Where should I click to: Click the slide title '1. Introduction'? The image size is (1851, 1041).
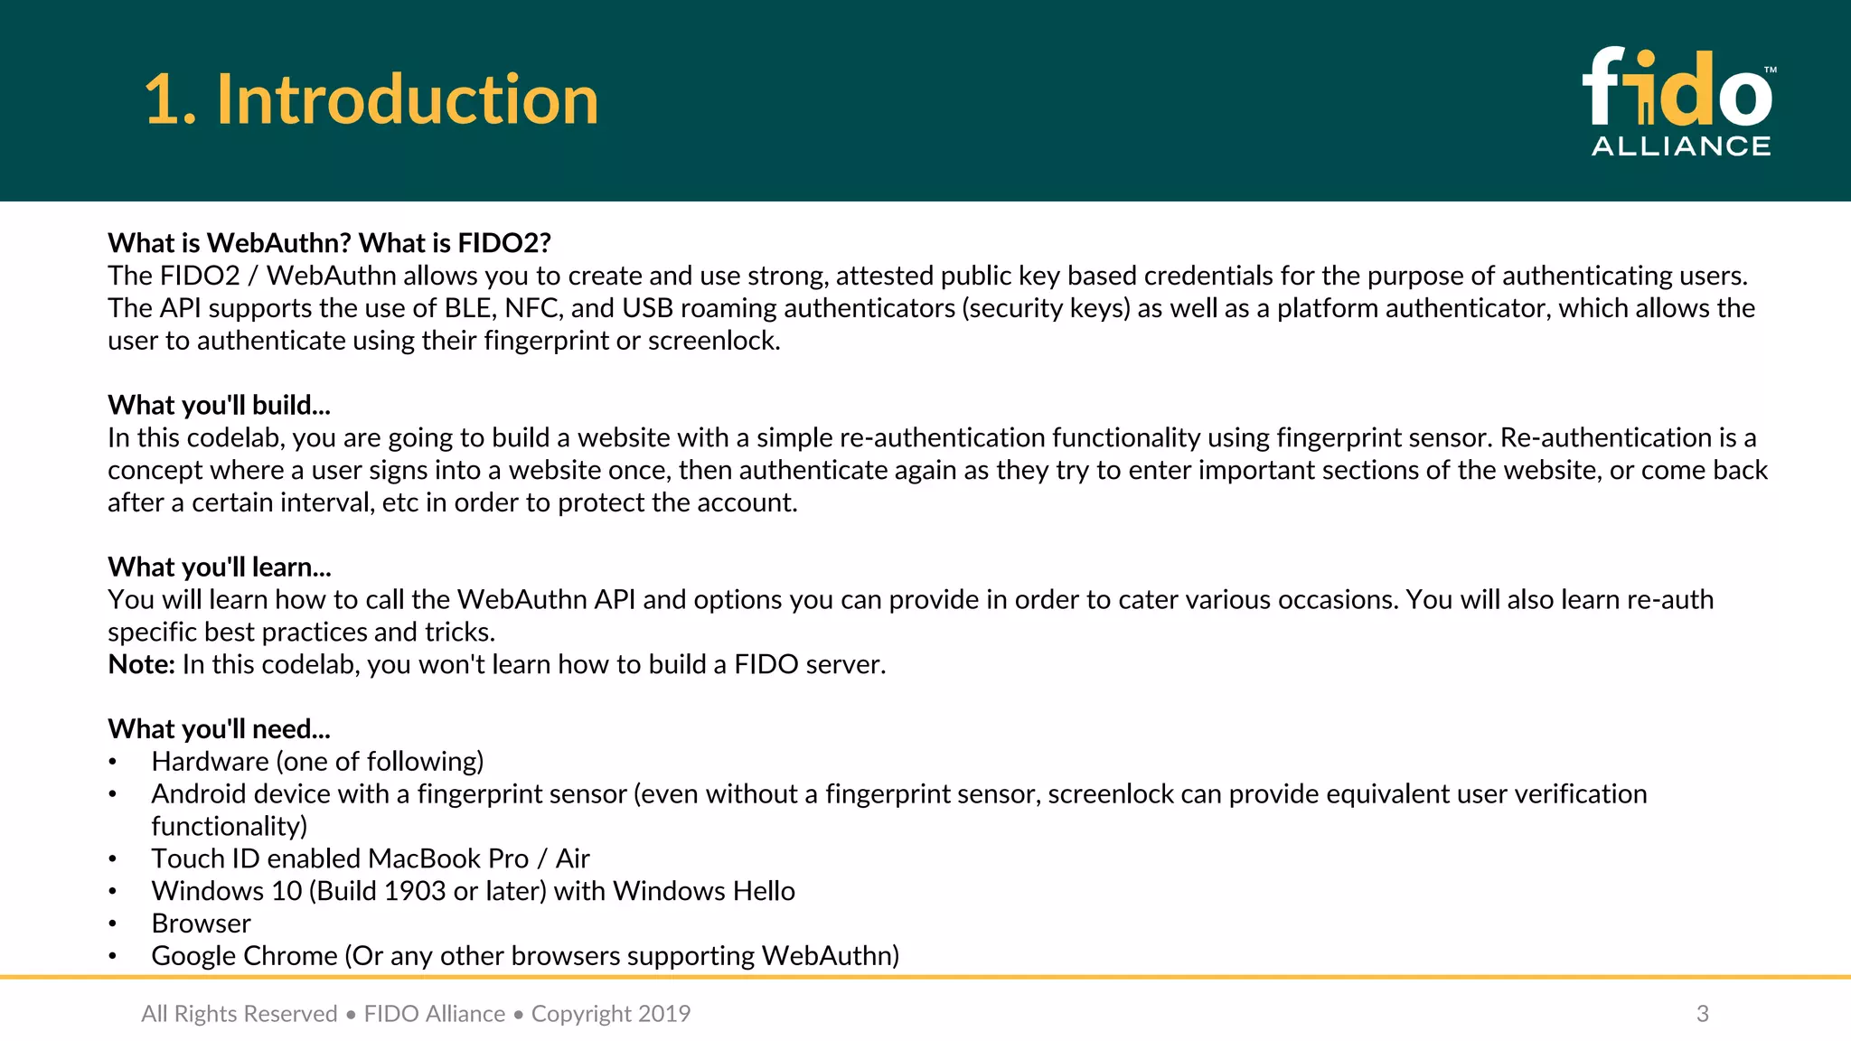point(371,99)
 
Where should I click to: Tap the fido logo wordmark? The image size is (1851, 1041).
point(1677,89)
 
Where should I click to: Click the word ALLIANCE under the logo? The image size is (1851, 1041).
point(1680,146)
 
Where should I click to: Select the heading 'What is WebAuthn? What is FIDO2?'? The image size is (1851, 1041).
point(329,243)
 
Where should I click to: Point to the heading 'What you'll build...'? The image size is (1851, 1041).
point(219,405)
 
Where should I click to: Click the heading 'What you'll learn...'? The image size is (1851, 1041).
point(220,567)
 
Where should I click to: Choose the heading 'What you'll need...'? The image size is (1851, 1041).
point(219,728)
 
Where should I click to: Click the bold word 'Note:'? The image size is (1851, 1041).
point(141,664)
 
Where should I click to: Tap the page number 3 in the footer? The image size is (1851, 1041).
point(1702,1014)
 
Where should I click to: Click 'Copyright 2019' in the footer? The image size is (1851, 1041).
point(610,1014)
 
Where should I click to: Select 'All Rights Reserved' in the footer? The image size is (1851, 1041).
point(239,1014)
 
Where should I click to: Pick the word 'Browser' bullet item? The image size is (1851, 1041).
point(201,924)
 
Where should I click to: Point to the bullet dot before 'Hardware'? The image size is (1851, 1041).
point(113,762)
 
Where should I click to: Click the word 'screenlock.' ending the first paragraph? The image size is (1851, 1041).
point(713,341)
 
